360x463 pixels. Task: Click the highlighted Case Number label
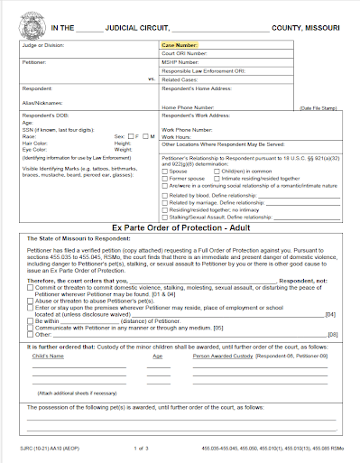pyautogui.click(x=180, y=44)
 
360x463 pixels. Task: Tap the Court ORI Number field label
pyautogui.click(x=186, y=53)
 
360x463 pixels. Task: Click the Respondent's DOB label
pyautogui.click(x=45, y=116)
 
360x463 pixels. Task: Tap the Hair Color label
pyautogui.click(x=35, y=141)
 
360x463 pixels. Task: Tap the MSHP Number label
pyautogui.click(x=183, y=62)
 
